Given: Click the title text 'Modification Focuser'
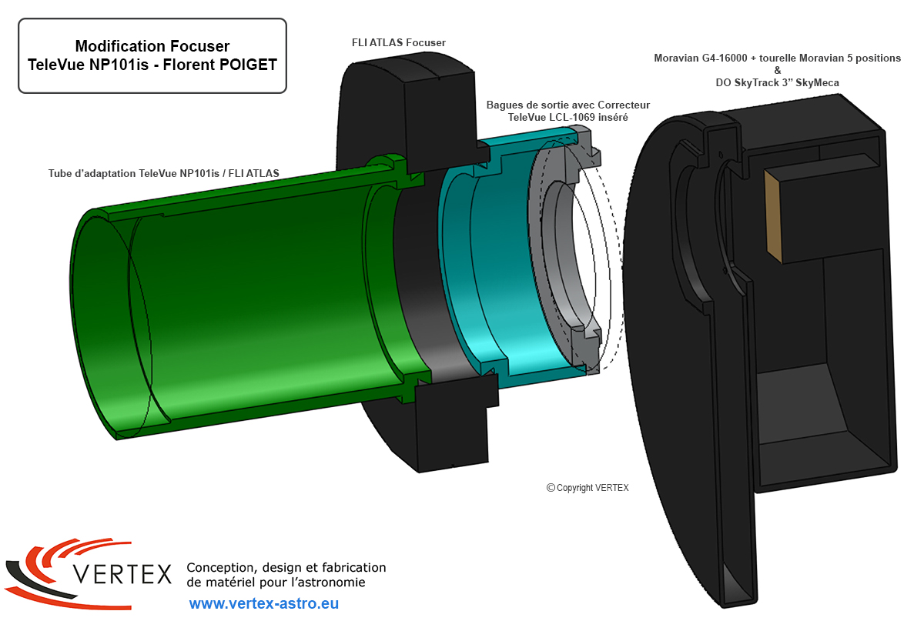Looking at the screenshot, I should pos(152,47).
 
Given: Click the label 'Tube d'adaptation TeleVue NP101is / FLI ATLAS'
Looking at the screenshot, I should pos(164,173).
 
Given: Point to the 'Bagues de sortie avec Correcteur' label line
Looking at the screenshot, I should pos(568,105).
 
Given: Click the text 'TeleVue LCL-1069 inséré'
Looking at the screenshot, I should pos(568,118).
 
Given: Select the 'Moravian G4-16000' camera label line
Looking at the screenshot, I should pos(777,58).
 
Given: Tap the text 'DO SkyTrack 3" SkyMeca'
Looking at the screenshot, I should pos(777,82).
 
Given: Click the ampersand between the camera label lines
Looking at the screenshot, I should pos(777,70).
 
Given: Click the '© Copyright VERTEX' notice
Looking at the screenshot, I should pos(588,488).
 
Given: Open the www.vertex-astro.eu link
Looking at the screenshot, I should pos(263,604).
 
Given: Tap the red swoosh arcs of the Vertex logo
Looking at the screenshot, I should pos(46,558).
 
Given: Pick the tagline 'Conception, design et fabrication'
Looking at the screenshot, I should pos(286,568).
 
